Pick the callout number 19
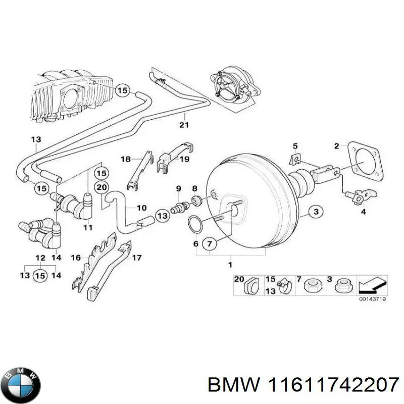[184, 159]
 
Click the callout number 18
[125, 159]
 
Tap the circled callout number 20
[103, 187]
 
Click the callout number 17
[136, 258]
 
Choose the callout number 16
[76, 258]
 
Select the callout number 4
[363, 213]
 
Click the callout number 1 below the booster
[230, 265]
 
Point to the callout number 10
[142, 208]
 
